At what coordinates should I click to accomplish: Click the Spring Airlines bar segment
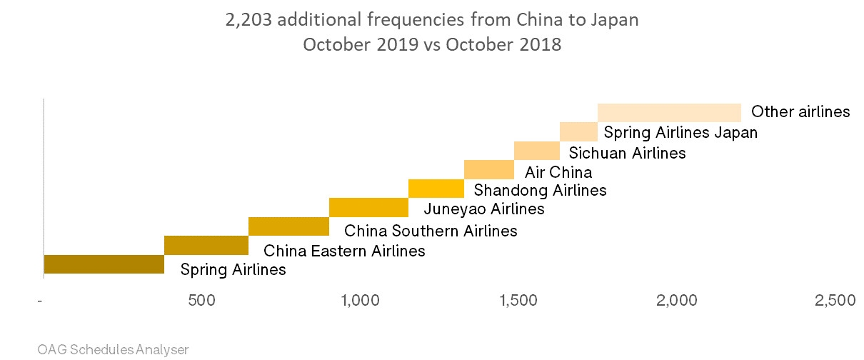point(104,264)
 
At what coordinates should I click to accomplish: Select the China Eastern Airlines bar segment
point(206,245)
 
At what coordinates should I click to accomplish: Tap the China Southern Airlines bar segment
point(288,226)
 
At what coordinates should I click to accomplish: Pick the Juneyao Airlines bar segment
point(368,207)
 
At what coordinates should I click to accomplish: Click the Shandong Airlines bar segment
point(436,189)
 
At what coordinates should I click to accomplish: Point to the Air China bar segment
point(488,170)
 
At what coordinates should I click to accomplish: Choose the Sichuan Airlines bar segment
point(536,151)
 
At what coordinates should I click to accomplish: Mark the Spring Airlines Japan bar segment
point(578,131)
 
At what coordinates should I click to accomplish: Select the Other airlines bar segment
point(669,113)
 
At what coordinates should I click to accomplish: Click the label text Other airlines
point(800,112)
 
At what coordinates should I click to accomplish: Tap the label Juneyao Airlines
point(483,209)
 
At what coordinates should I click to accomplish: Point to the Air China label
point(558,172)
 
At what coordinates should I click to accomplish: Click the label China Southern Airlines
point(431,231)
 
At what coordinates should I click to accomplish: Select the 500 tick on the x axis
point(202,301)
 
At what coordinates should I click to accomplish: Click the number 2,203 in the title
point(248,19)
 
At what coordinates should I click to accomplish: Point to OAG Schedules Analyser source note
point(113,349)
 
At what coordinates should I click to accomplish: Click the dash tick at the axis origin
point(41,301)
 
